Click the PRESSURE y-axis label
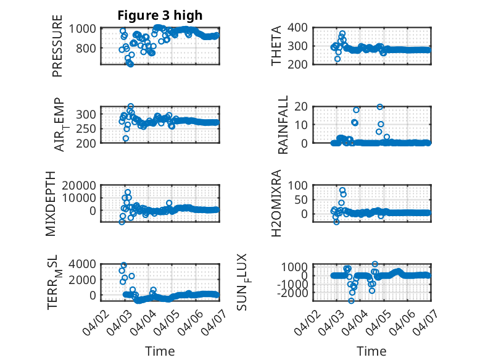pyautogui.click(x=58, y=49)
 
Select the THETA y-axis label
pyautogui.click(x=276, y=45)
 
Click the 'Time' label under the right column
pyautogui.click(x=371, y=351)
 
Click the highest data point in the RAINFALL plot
pyautogui.click(x=380, y=107)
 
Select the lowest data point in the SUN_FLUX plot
pyautogui.click(x=352, y=301)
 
